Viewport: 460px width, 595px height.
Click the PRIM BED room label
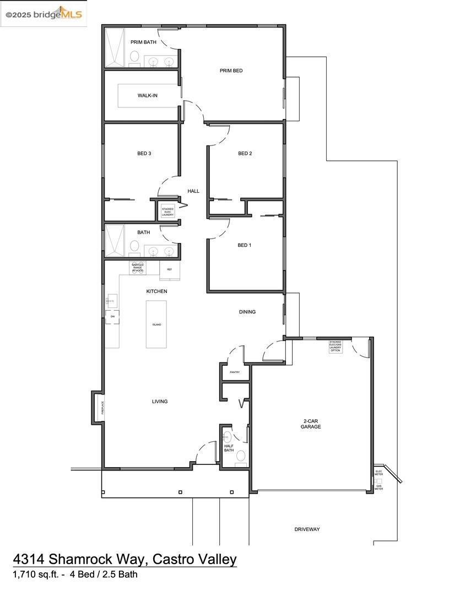click(231, 71)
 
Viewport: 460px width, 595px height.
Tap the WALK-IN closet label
click(147, 95)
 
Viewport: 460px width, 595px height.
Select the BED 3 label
click(144, 153)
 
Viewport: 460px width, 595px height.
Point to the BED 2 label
click(245, 153)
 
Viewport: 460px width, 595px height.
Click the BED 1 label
click(244, 245)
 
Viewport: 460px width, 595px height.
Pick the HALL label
click(193, 191)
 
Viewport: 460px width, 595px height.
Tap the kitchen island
click(156, 324)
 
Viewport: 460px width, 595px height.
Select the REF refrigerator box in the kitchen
click(169, 270)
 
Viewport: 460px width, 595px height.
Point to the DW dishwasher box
click(112, 317)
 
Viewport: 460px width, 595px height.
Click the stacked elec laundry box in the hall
click(167, 211)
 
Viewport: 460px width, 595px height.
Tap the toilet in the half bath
click(240, 456)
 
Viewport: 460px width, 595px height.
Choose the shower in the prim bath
click(116, 48)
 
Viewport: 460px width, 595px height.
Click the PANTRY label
click(235, 372)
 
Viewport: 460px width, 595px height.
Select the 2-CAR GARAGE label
click(311, 424)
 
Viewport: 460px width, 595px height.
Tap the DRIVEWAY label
click(307, 529)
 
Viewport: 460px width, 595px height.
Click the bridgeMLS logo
click(44, 14)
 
